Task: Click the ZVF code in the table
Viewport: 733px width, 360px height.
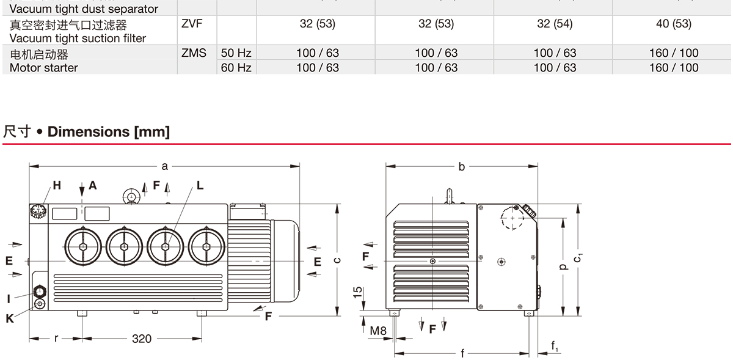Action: [x=191, y=24]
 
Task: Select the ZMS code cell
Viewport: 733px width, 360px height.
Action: [x=194, y=53]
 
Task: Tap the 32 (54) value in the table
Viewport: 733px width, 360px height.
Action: [x=555, y=24]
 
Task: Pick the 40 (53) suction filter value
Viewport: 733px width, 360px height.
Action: [x=674, y=24]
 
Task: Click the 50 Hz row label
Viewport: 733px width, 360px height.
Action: [x=236, y=53]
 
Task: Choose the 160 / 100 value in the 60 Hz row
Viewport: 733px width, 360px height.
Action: [x=674, y=67]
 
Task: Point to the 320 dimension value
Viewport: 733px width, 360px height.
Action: [x=142, y=339]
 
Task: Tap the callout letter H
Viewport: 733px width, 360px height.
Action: [x=57, y=185]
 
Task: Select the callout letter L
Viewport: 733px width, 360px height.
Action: [x=200, y=185]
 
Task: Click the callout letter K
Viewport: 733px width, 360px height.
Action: [x=10, y=318]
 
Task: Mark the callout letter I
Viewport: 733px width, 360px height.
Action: [x=9, y=299]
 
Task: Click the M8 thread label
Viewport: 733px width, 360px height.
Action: [x=379, y=331]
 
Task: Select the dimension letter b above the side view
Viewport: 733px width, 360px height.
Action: [x=462, y=166]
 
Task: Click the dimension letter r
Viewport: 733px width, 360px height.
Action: [x=56, y=338]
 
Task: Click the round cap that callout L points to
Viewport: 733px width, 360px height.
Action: [x=166, y=246]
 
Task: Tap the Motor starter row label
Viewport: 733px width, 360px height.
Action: [x=44, y=67]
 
